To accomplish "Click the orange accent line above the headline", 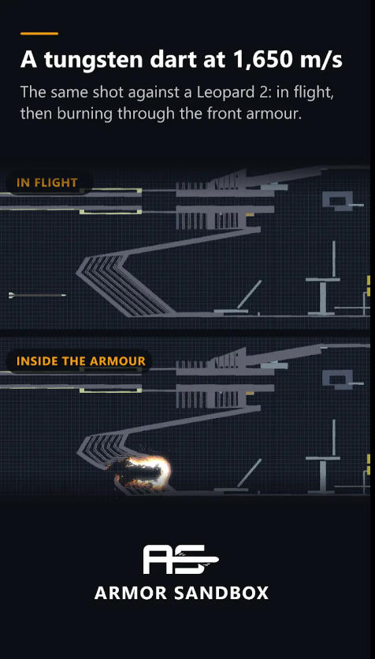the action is coord(39,33).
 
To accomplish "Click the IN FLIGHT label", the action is coord(47,183).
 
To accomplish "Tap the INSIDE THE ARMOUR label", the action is coord(80,361).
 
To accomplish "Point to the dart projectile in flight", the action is coord(37,295).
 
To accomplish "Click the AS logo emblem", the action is coord(180,559).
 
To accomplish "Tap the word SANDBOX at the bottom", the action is coord(221,593).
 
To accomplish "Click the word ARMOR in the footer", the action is coord(131,593).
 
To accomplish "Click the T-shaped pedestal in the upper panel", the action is coord(323,296).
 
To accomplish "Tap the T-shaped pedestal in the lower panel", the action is coord(323,474).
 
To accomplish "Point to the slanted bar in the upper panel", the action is coord(249,294).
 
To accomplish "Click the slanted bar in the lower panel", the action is coord(249,473).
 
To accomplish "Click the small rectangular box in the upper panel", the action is coord(338,201).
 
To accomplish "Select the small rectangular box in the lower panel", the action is coord(338,379).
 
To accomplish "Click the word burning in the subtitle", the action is coord(85,114).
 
